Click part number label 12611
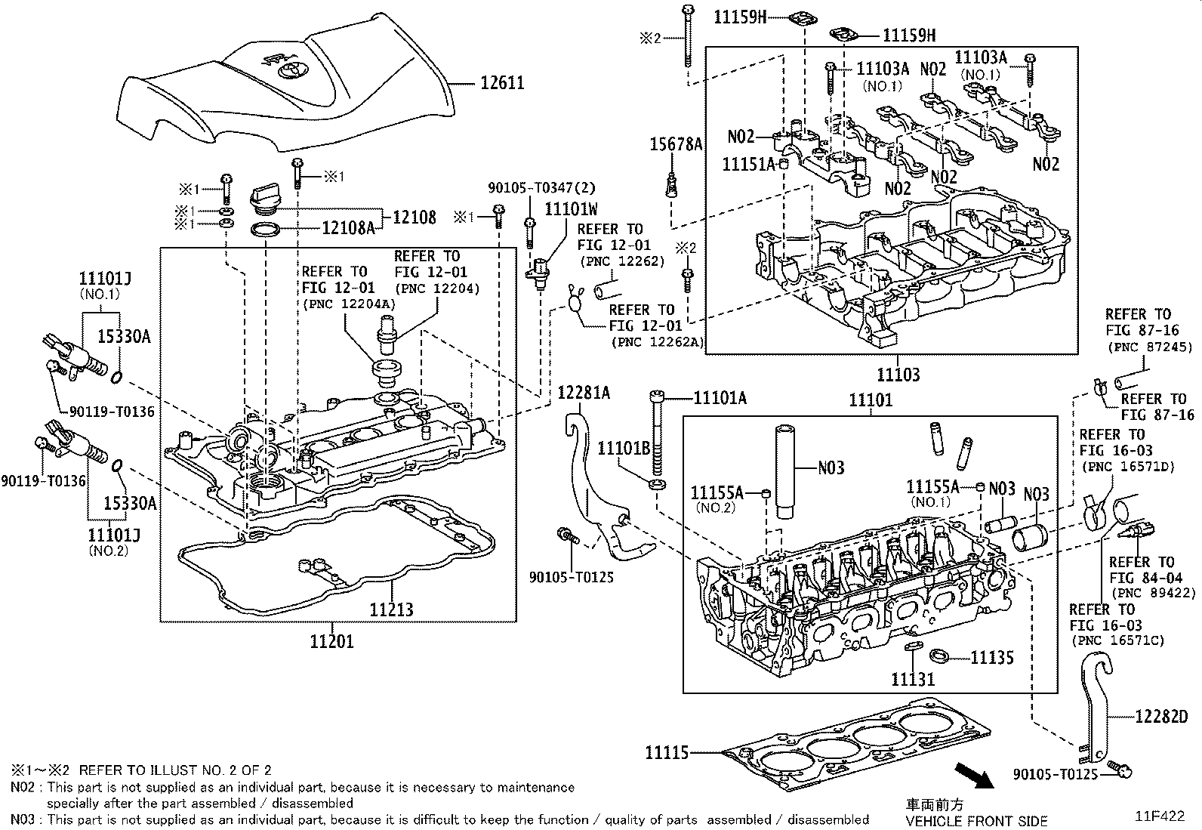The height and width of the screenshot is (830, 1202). (x=502, y=82)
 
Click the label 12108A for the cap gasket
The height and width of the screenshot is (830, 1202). (x=348, y=227)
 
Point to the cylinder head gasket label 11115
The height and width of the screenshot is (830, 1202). (x=667, y=752)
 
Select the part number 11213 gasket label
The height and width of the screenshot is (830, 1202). (x=391, y=609)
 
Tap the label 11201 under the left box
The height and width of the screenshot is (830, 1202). (x=331, y=642)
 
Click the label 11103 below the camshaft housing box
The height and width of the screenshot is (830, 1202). (x=898, y=375)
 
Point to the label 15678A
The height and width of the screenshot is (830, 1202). (x=677, y=144)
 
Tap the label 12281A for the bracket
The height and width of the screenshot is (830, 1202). (x=584, y=393)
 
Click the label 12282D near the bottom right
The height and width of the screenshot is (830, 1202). (x=1160, y=716)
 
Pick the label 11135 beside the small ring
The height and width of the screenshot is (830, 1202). (x=991, y=657)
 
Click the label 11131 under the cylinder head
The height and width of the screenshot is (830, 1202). (x=913, y=679)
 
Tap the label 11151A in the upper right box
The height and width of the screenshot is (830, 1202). (x=749, y=165)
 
